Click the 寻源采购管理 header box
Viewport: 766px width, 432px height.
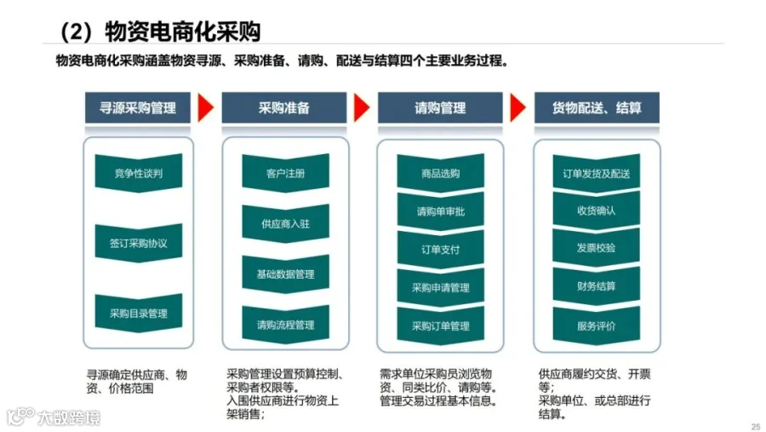click(138, 108)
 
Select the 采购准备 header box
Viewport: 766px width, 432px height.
click(284, 108)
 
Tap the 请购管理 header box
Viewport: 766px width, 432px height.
click(440, 108)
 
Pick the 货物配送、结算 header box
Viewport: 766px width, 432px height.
click(596, 108)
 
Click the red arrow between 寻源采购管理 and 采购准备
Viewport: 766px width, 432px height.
click(204, 108)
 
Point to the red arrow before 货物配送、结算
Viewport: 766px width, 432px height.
click(517, 108)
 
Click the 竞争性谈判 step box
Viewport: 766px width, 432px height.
click(138, 174)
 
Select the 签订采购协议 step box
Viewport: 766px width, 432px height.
click(138, 243)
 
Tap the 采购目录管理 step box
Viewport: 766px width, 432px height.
click(138, 313)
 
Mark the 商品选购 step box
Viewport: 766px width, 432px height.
click(440, 174)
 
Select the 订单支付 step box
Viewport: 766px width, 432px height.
click(440, 250)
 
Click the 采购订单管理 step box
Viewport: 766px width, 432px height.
click(440, 325)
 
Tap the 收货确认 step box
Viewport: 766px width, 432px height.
click(596, 210)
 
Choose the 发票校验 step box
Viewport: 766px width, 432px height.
click(596, 248)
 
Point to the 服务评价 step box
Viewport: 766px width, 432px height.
click(596, 325)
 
